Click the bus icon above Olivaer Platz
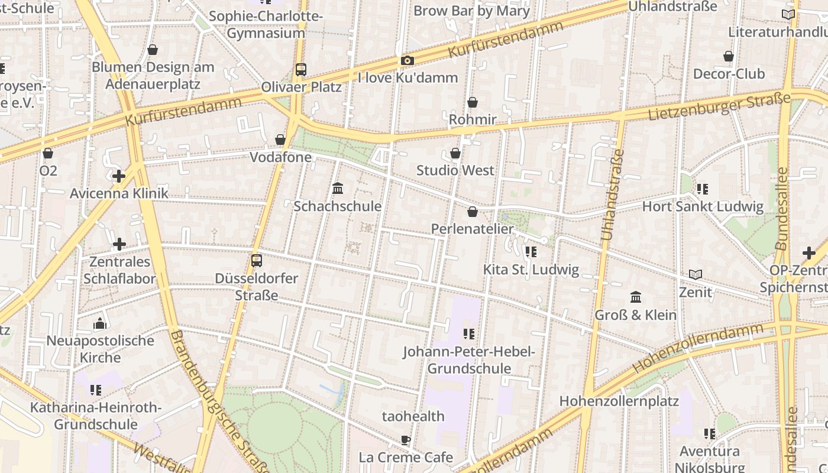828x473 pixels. (x=301, y=70)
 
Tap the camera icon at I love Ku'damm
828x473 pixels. (x=407, y=60)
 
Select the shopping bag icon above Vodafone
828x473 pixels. (x=280, y=140)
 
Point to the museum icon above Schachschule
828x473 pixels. (x=338, y=189)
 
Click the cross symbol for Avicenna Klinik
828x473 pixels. (x=119, y=176)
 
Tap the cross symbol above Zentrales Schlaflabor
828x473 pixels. (x=119, y=244)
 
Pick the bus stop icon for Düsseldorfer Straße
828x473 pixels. (x=257, y=261)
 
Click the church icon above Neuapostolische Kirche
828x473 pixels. (x=99, y=323)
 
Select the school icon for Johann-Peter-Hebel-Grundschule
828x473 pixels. (x=469, y=334)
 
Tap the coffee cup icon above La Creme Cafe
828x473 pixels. (x=405, y=440)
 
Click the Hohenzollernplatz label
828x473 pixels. (x=619, y=401)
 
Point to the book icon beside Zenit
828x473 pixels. (x=696, y=274)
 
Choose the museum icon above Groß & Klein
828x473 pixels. (x=636, y=297)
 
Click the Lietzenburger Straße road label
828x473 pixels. (x=719, y=106)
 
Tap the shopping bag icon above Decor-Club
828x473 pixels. (x=729, y=56)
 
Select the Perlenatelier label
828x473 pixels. (x=472, y=229)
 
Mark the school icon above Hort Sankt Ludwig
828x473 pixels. (x=703, y=189)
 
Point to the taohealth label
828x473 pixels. (x=413, y=416)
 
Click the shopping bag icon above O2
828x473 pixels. (x=48, y=154)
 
